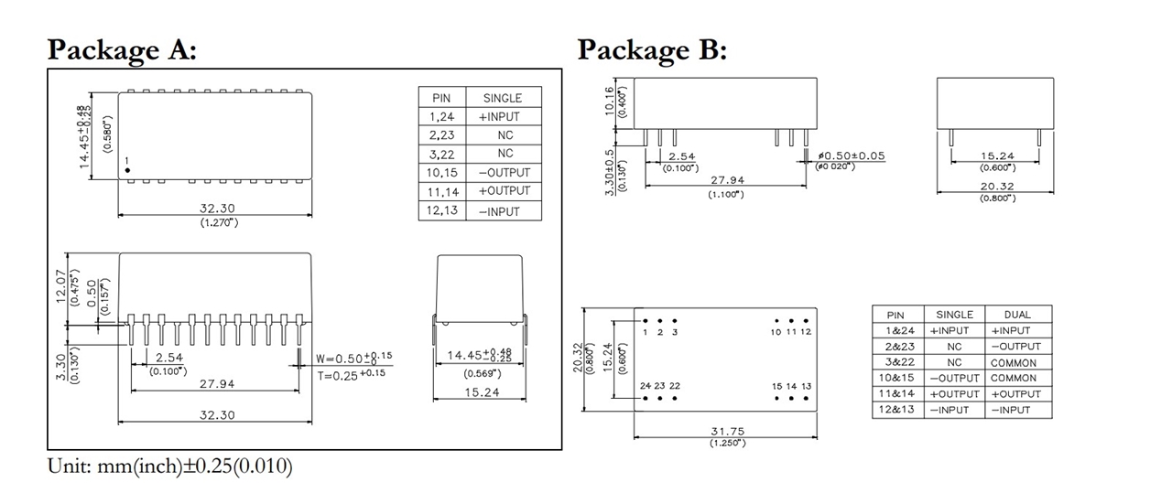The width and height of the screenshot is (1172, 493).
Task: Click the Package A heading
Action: click(x=122, y=49)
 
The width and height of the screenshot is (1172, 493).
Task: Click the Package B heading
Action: click(x=652, y=49)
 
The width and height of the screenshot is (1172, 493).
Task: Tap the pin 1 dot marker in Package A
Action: click(x=128, y=170)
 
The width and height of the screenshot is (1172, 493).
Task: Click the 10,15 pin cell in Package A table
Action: click(x=442, y=172)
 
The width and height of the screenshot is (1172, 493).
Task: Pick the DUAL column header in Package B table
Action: click(x=1016, y=315)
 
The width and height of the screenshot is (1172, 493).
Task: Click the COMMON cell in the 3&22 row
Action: click(x=1014, y=362)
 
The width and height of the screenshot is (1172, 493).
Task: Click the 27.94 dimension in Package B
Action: click(x=726, y=180)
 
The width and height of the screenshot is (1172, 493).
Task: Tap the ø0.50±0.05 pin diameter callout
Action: click(x=851, y=155)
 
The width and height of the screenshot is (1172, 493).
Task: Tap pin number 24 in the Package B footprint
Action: click(x=646, y=386)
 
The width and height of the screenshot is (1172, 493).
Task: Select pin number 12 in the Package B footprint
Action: click(x=806, y=331)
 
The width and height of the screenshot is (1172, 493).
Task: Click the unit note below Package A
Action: click(x=169, y=467)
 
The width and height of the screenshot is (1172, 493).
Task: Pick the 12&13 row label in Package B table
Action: click(x=895, y=410)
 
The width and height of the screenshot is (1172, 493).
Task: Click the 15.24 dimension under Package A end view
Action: click(x=479, y=393)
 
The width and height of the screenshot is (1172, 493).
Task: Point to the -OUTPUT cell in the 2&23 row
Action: click(x=1015, y=347)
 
